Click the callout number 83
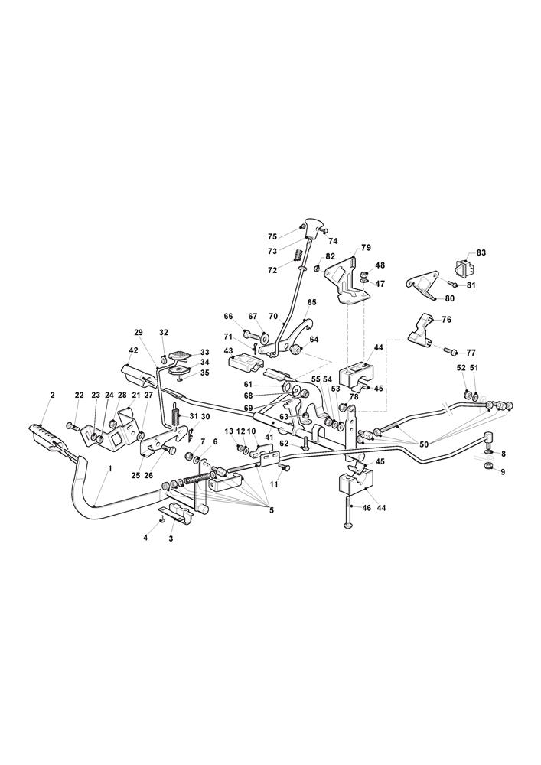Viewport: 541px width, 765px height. click(481, 252)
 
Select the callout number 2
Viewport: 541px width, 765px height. click(52, 395)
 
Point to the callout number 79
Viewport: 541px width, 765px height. click(366, 248)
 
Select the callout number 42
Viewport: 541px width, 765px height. click(133, 350)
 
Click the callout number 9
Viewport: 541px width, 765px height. click(503, 472)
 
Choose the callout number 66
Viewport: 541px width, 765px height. click(228, 316)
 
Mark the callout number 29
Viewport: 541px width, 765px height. click(139, 333)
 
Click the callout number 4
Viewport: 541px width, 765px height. click(145, 539)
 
